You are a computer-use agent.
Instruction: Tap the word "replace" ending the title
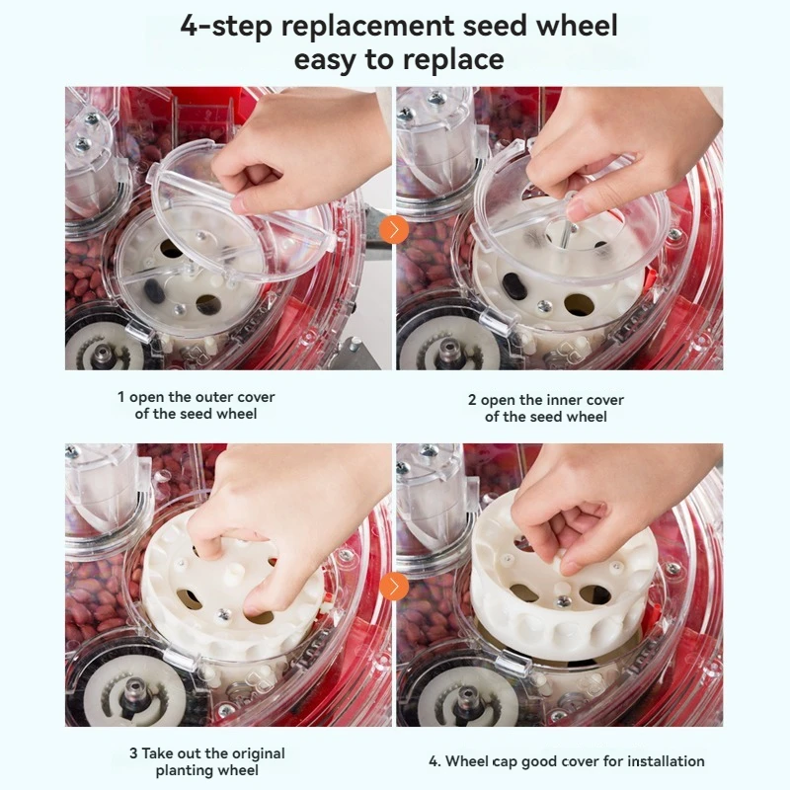coord(448,59)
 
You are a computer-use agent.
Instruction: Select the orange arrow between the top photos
coord(394,230)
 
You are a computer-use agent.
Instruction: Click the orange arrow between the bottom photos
coord(394,587)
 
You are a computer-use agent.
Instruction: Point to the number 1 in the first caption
coord(121,397)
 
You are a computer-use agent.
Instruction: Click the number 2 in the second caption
coord(472,400)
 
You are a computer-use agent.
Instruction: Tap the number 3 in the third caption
coord(133,753)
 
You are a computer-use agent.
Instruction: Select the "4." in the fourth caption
coord(434,761)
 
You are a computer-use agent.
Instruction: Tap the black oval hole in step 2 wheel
coord(514,285)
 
